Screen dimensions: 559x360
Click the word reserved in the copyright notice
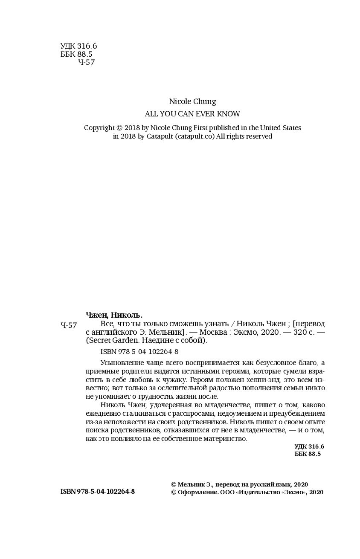(257, 137)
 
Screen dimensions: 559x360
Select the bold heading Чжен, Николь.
(114, 315)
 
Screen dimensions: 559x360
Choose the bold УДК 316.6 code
(309, 446)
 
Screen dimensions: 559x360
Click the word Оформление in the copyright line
(197, 492)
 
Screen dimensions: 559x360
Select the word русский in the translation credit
(254, 484)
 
